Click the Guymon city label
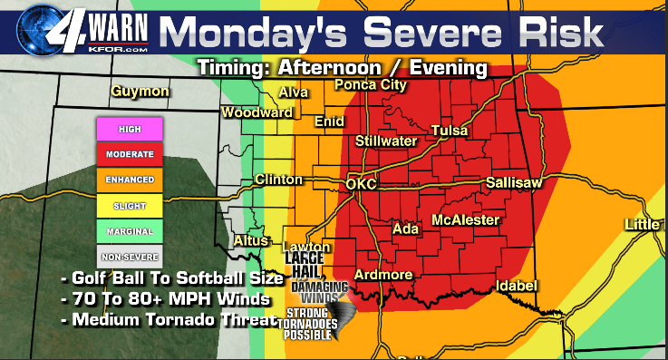[x=140, y=92]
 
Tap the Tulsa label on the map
[x=450, y=131]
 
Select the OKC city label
[x=362, y=185]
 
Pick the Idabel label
[x=518, y=287]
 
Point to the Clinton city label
[x=278, y=180]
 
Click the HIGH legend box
[x=130, y=130]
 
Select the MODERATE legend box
[x=130, y=155]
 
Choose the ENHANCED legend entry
[x=130, y=180]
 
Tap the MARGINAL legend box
[x=130, y=231]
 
